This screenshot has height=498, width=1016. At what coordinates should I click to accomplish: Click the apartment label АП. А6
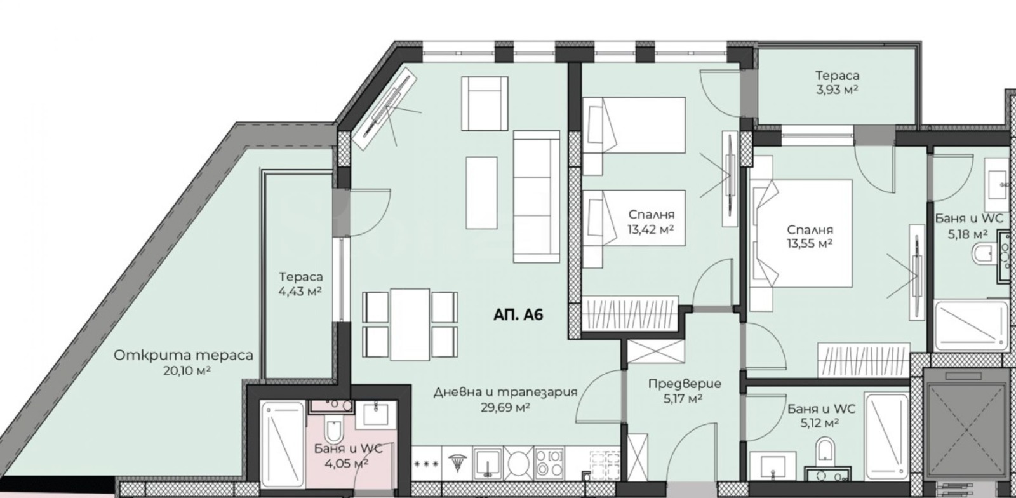tap(518, 315)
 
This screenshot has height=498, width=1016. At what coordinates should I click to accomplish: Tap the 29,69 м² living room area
tap(505, 407)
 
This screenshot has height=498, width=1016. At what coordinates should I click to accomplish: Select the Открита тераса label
tap(184, 355)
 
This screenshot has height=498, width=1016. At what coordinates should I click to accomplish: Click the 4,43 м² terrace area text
tap(300, 291)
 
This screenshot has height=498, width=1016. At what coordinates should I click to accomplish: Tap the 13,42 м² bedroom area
tap(651, 229)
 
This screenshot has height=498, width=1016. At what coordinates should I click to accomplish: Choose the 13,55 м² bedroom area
tap(810, 244)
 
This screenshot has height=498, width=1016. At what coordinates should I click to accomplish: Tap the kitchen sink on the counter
tap(487, 464)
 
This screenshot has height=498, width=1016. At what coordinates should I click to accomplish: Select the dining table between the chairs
tap(410, 325)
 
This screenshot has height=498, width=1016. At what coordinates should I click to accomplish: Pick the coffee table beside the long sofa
tap(482, 192)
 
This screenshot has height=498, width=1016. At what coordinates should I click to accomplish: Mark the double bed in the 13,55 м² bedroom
tap(801, 233)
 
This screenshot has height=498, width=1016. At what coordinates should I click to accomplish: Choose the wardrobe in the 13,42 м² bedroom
tap(630, 314)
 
